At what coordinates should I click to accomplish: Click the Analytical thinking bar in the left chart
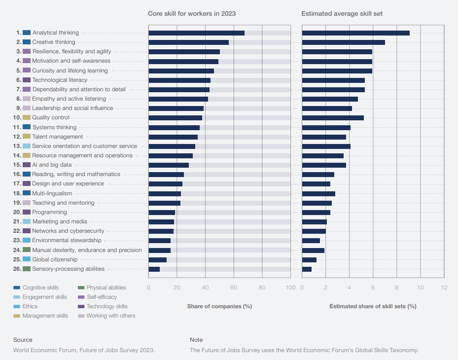click(x=196, y=33)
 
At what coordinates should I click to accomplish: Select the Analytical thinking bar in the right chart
click(x=355, y=33)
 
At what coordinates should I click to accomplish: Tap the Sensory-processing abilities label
click(x=68, y=269)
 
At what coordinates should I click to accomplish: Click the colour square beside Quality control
click(x=27, y=117)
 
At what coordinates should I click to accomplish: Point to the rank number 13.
click(x=18, y=146)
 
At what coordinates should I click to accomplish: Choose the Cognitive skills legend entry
click(x=40, y=288)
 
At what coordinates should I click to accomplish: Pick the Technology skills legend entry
click(x=106, y=306)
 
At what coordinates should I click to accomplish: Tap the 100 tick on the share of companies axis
click(x=291, y=288)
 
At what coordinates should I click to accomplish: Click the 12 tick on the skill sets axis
click(x=444, y=288)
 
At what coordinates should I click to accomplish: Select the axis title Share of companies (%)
click(x=219, y=306)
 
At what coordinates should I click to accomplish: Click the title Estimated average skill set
click(x=342, y=13)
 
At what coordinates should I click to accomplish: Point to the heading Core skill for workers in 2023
click(x=192, y=13)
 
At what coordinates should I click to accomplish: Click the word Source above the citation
click(x=23, y=340)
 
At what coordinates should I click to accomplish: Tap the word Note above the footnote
click(x=196, y=340)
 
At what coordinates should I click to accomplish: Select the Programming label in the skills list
click(x=49, y=212)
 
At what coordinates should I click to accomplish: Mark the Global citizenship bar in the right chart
click(x=309, y=259)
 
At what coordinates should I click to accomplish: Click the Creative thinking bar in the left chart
click(x=188, y=42)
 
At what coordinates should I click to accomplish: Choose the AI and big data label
click(x=52, y=165)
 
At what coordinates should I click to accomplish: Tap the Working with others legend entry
click(x=111, y=316)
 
